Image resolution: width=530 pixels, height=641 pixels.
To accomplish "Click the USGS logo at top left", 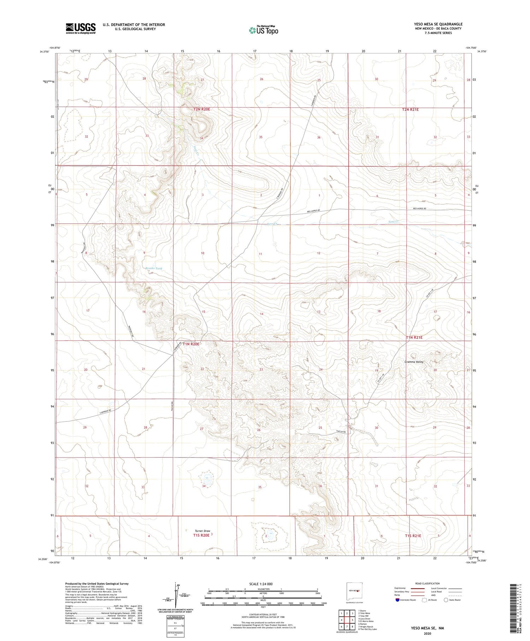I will pyautogui.click(x=81, y=28).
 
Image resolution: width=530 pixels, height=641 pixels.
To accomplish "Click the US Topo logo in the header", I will pyautogui.click(x=263, y=30).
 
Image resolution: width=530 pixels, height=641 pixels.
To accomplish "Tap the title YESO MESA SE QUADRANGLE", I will pyautogui.click(x=438, y=24).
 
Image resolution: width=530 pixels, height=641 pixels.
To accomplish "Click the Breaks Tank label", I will pyautogui.click(x=154, y=268).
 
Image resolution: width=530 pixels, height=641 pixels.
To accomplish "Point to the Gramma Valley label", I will pyautogui.click(x=414, y=362).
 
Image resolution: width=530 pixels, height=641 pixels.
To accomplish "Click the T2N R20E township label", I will pyautogui.click(x=202, y=110).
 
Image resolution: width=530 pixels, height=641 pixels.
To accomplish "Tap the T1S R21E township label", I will pyautogui.click(x=413, y=536).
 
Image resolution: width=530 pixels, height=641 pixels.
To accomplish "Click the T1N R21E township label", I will pyautogui.click(x=414, y=338).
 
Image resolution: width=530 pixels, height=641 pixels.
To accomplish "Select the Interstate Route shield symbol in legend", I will pyautogui.click(x=397, y=600).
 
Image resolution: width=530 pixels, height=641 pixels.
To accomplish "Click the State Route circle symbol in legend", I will pyautogui.click(x=446, y=600).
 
